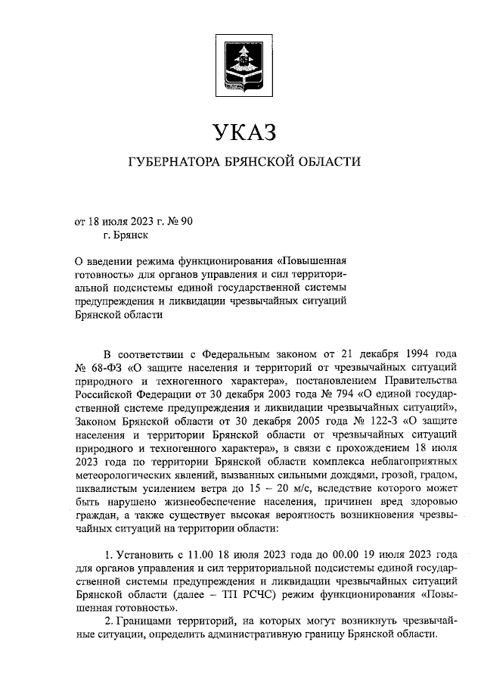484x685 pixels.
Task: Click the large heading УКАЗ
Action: [241, 133]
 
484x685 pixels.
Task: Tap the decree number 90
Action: [188, 222]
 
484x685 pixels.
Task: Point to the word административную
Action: [287, 633]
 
